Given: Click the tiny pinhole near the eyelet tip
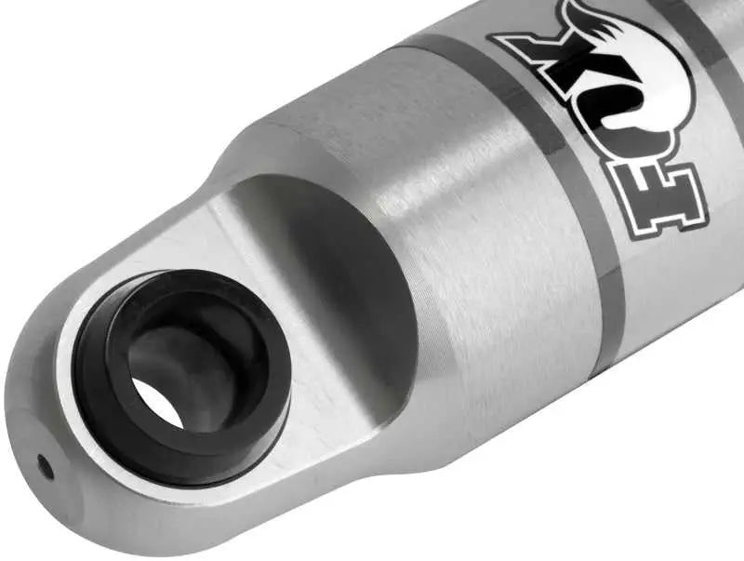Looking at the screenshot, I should [41, 462].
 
